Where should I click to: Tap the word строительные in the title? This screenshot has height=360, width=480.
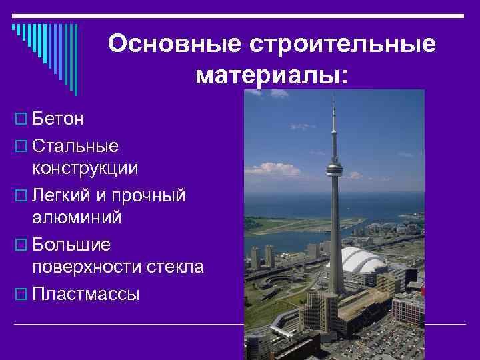343,44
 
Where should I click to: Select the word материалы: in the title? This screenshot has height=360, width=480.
272,75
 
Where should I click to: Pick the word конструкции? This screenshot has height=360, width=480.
86,168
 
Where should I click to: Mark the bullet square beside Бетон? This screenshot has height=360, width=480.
19,119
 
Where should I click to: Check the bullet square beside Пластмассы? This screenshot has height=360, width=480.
19,294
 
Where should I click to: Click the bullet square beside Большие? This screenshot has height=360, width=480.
19,245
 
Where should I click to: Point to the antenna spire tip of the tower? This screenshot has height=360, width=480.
333,94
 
